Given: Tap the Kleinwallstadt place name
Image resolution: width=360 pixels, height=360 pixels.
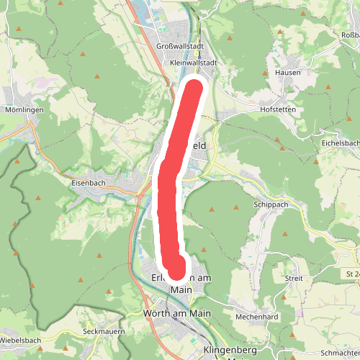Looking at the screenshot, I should coord(194,63).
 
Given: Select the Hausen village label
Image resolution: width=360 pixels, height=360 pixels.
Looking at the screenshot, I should coord(287,73).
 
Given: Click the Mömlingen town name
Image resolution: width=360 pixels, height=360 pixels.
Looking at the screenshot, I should coord(24,109).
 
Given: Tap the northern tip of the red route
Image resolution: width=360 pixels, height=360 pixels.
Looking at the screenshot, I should coord(195,88).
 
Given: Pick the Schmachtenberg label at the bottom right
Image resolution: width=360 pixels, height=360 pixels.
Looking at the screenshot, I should coord(341,354).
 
